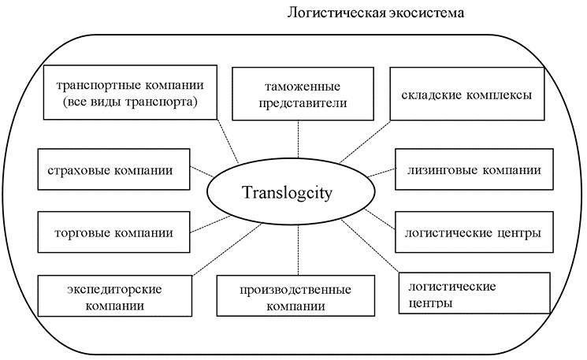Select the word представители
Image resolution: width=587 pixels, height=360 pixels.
click(296, 102)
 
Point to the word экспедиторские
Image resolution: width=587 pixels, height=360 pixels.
click(115, 288)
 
